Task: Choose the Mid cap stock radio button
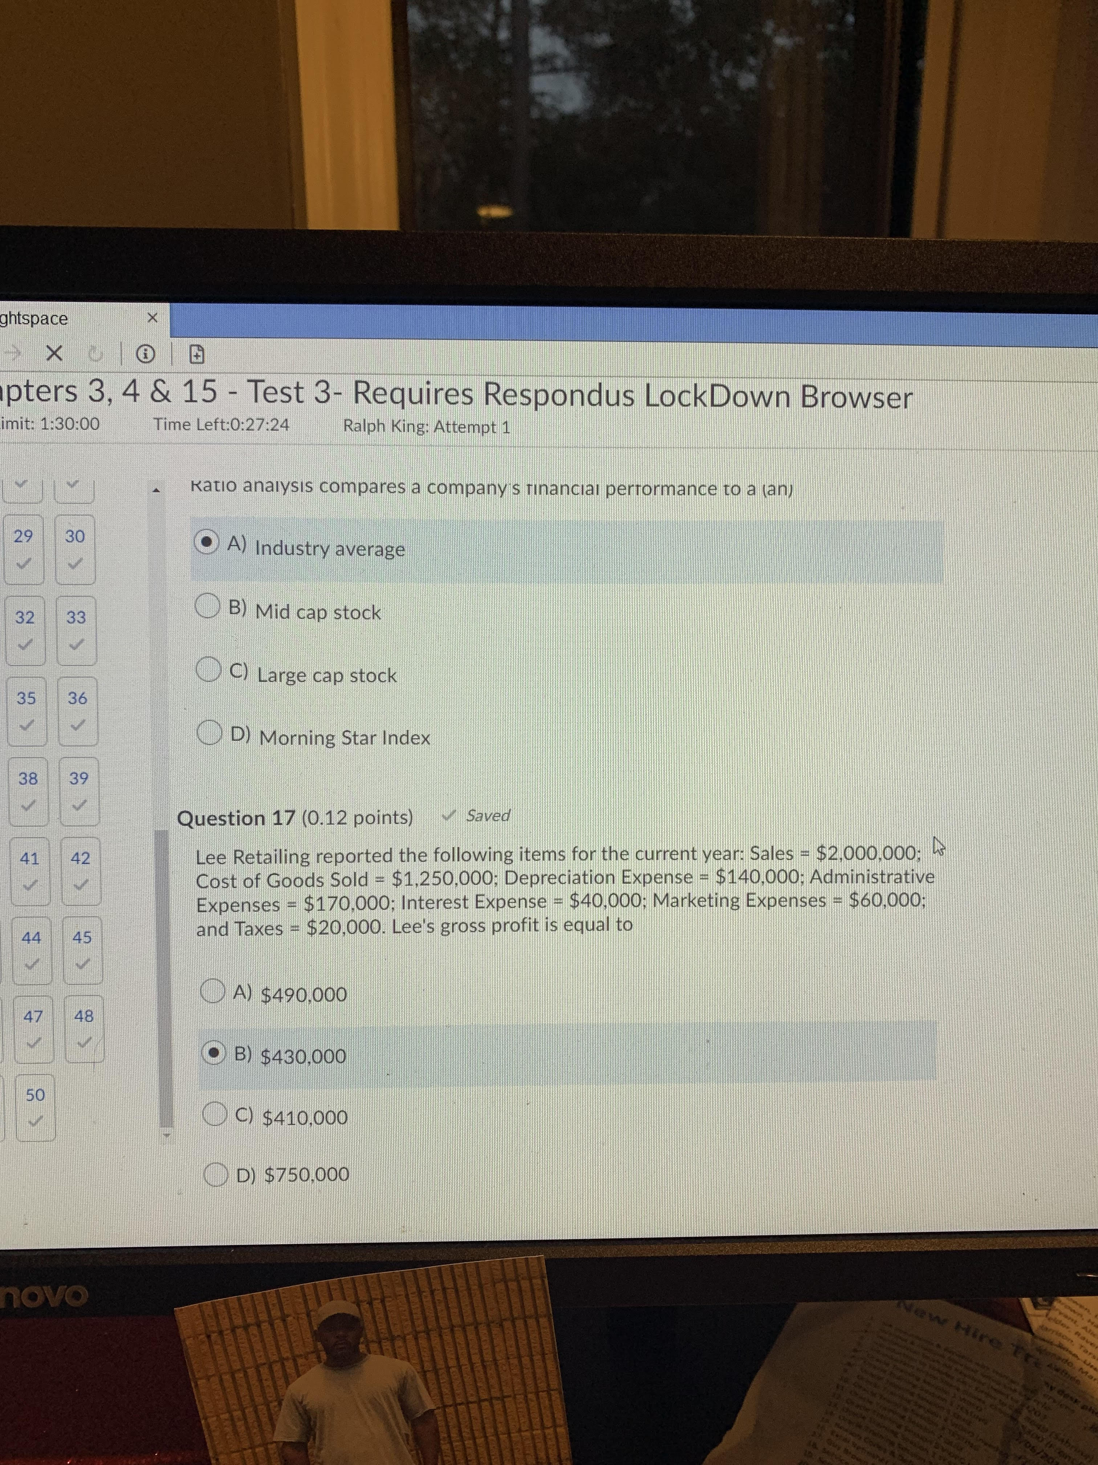tap(208, 605)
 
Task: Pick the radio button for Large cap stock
tap(209, 669)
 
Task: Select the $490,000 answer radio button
tap(212, 991)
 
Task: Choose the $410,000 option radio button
tap(215, 1113)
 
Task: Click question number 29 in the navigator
tap(23, 536)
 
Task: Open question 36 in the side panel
tap(77, 698)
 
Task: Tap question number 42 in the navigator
tap(81, 858)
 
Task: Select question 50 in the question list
tap(35, 1095)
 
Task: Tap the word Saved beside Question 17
tap(488, 816)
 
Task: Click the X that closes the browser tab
tap(152, 318)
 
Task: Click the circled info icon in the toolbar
tap(146, 356)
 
